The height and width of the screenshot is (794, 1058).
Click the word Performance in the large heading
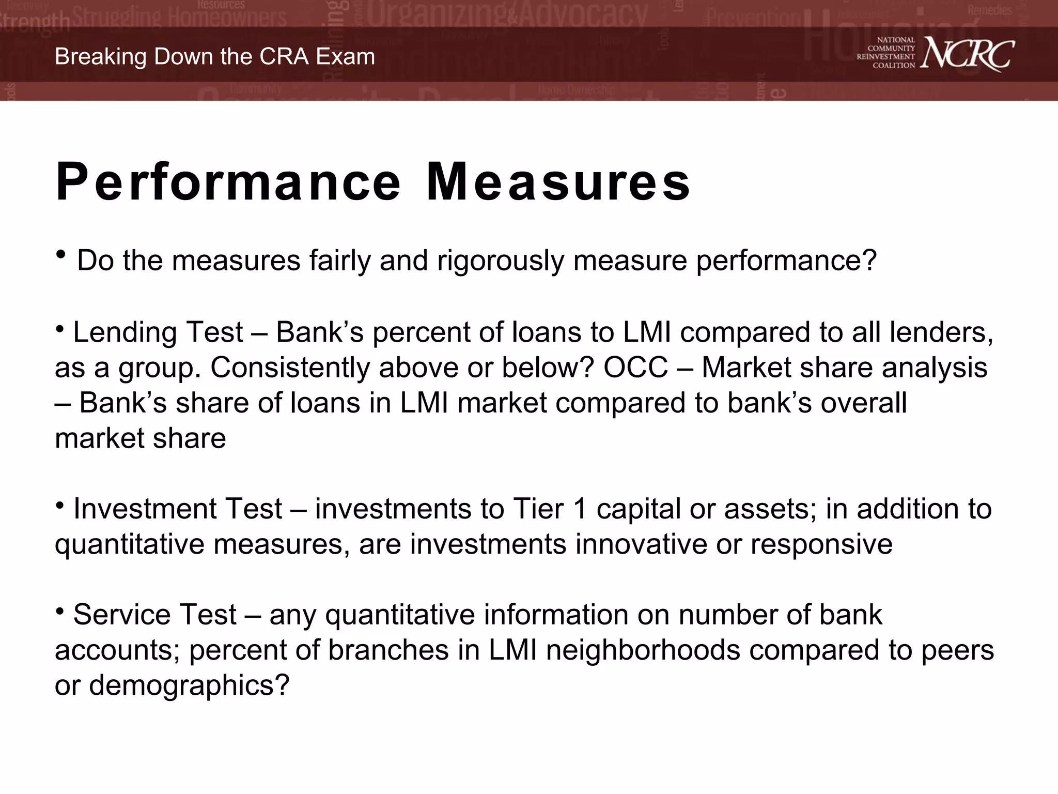click(228, 182)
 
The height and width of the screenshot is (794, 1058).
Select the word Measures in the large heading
click(558, 182)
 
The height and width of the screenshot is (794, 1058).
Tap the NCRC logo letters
click(967, 53)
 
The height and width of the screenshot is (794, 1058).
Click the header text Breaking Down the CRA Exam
click(215, 56)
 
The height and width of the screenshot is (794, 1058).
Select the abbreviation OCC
click(636, 368)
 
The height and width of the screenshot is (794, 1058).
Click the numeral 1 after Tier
click(581, 509)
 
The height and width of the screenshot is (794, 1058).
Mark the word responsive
click(821, 544)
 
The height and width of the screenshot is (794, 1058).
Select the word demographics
click(189, 685)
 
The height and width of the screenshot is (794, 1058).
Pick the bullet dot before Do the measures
click(61, 255)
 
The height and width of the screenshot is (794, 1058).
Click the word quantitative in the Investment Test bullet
click(129, 544)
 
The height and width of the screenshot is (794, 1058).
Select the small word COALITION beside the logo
click(894, 66)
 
